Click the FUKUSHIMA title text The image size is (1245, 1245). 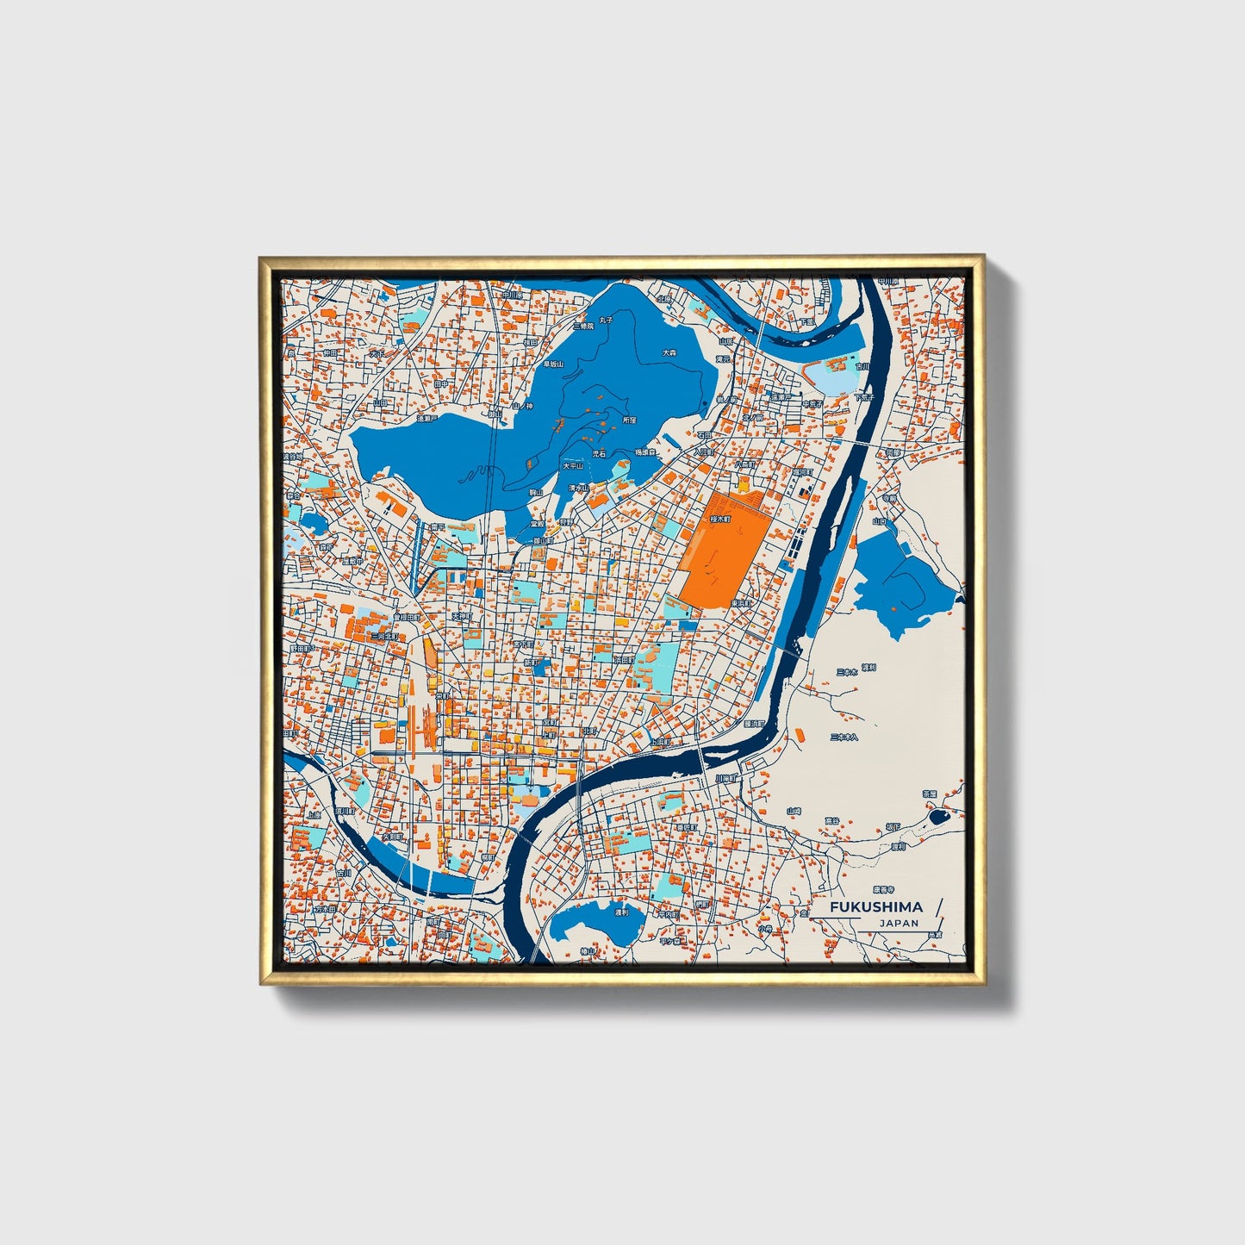tap(876, 906)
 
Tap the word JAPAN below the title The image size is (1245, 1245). tap(899, 923)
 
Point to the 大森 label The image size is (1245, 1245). tap(669, 352)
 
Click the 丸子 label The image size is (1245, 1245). tap(607, 320)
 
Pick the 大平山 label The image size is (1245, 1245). tap(573, 465)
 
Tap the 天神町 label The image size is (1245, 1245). tap(463, 617)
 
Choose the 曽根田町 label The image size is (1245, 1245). tap(407, 618)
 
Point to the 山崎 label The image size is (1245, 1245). tap(794, 811)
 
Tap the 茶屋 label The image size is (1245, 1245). tap(930, 793)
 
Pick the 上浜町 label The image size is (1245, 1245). tap(661, 741)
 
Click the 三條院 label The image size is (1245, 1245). tap(582, 327)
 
